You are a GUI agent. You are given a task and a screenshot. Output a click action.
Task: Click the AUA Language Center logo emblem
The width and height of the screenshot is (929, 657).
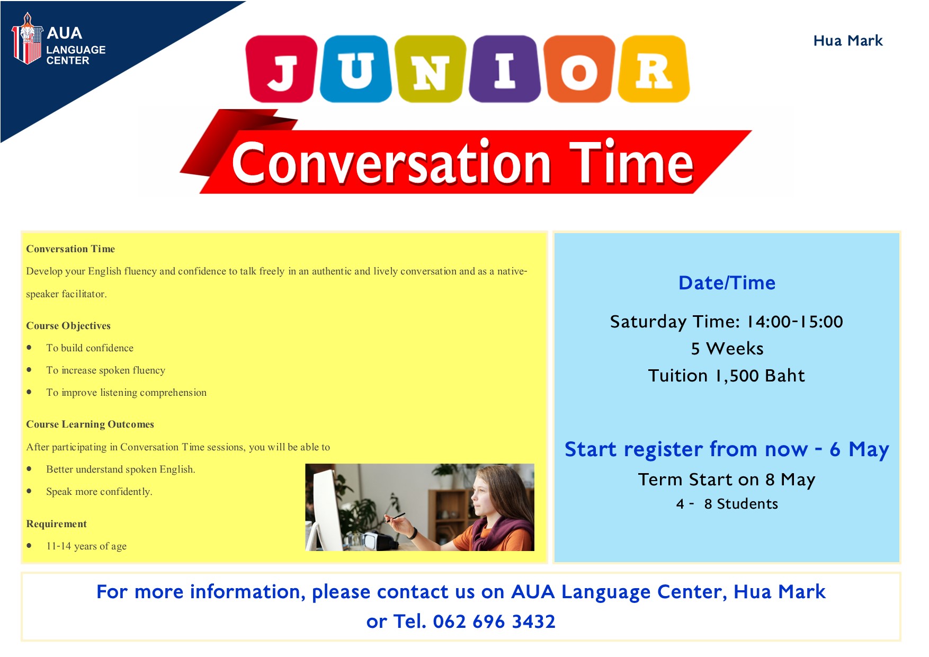click(x=27, y=39)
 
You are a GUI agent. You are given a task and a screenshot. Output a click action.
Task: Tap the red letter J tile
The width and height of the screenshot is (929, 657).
click(x=282, y=69)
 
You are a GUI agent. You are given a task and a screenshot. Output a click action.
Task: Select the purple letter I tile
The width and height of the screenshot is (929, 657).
click(x=504, y=69)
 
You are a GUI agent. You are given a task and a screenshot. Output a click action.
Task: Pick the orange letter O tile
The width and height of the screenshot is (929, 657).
click(x=579, y=69)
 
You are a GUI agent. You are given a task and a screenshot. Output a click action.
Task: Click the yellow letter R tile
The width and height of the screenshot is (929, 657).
click(x=654, y=69)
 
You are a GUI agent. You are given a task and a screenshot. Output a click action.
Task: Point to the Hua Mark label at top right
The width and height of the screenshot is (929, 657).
click(x=848, y=41)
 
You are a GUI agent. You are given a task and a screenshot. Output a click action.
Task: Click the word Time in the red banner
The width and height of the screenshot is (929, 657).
click(x=631, y=163)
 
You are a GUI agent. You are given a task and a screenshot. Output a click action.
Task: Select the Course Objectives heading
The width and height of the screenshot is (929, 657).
click(x=68, y=326)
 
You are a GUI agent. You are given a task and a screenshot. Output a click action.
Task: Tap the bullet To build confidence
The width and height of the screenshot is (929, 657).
click(x=90, y=348)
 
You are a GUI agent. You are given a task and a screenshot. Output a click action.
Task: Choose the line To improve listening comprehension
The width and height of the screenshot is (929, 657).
click(x=126, y=393)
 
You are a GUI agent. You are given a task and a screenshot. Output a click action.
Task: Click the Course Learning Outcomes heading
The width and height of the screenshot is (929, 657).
click(x=90, y=424)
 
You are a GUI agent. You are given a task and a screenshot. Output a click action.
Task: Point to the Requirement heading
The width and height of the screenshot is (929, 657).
click(x=56, y=524)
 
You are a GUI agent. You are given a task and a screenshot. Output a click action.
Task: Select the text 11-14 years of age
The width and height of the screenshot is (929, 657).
click(x=86, y=546)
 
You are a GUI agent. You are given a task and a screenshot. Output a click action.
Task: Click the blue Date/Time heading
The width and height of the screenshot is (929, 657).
click(x=727, y=283)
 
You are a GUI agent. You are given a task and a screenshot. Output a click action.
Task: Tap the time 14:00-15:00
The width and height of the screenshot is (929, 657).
click(x=794, y=322)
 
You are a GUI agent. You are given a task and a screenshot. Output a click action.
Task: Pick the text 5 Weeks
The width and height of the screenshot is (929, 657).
click(x=727, y=349)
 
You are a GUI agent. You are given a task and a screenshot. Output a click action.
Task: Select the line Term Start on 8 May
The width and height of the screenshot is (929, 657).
click(x=727, y=480)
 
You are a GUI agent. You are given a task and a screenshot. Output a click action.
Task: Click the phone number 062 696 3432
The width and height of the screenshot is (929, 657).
click(x=494, y=622)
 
